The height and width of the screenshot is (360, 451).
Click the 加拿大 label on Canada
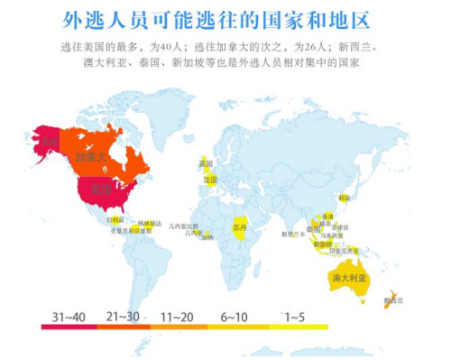90,156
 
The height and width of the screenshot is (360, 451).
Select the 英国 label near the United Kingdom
206,163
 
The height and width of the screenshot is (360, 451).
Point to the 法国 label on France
210,180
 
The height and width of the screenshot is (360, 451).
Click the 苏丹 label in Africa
239,226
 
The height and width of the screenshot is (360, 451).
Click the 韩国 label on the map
344,197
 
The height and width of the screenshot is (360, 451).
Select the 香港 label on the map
327,217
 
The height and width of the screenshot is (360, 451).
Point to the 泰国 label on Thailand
313,228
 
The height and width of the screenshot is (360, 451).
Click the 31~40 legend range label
69,317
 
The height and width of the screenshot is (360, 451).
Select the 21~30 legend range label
124,317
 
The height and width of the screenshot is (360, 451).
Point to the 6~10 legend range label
234,317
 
